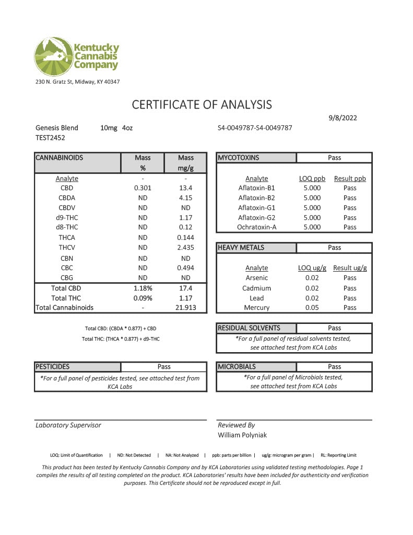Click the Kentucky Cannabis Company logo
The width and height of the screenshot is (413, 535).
(77, 56)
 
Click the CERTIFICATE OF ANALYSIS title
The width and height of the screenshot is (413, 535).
(202, 104)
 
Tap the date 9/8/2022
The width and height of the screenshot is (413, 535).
(343, 118)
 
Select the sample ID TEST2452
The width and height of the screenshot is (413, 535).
(50, 138)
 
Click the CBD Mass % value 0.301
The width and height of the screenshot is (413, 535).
(143, 188)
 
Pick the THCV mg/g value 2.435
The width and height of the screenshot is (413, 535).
(185, 248)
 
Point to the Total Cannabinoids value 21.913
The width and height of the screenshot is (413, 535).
(185, 308)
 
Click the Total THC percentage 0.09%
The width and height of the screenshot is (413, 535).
(143, 298)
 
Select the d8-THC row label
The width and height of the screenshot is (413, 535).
(67, 227)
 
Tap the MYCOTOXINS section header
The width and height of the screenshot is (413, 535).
(238, 158)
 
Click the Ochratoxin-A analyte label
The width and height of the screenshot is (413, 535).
(256, 227)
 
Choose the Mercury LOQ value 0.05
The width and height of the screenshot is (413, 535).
(312, 308)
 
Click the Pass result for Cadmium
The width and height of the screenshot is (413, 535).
(350, 288)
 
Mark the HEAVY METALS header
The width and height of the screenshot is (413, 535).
(241, 248)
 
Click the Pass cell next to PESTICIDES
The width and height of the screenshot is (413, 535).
(164, 367)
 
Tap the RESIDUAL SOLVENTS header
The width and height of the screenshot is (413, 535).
(249, 328)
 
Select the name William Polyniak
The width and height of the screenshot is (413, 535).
(242, 435)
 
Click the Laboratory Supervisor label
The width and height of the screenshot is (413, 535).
(68, 425)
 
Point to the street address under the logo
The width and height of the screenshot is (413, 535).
(77, 82)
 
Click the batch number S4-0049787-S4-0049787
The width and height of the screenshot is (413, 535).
(255, 128)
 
